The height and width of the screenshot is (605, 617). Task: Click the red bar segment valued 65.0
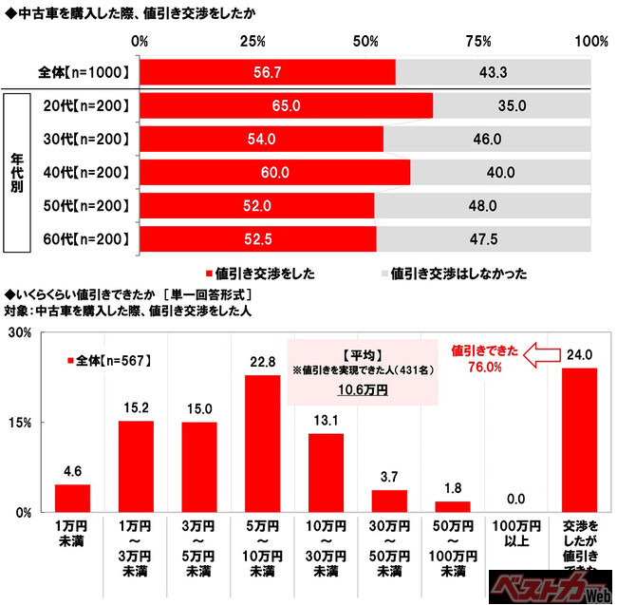[x=286, y=105]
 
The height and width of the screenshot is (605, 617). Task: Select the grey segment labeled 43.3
[x=493, y=72]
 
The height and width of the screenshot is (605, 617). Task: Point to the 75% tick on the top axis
[x=479, y=42]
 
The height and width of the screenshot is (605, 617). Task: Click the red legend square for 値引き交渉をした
[x=207, y=273]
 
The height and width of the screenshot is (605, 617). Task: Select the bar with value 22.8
[x=263, y=443]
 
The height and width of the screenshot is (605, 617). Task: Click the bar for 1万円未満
[x=72, y=498]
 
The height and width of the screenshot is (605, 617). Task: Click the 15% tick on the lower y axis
[x=23, y=423]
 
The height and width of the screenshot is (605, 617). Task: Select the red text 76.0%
[x=484, y=368]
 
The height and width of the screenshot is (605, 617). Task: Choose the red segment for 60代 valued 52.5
[x=257, y=238]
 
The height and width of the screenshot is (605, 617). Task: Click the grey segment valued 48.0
[x=483, y=205]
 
